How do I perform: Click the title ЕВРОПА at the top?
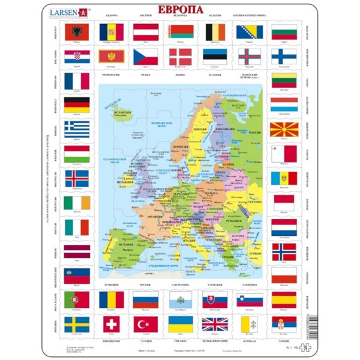tap(180, 10)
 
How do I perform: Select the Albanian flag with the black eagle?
tap(77, 32)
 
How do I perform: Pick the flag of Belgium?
tap(214, 32)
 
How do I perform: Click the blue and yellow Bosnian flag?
tap(249, 32)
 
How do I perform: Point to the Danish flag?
tap(180, 56)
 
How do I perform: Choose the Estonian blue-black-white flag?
tap(214, 56)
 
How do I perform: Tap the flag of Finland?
tap(283, 56)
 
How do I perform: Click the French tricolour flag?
tap(77, 80)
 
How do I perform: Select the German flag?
tap(77, 105)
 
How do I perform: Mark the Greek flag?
tap(77, 129)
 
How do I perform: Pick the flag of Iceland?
tap(77, 178)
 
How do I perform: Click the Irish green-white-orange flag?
tap(77, 203)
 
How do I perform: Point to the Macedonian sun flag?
tap(283, 129)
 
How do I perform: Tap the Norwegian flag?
tap(283, 251)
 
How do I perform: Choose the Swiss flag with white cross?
tap(111, 325)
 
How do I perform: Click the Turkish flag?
tap(145, 325)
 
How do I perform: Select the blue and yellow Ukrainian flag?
tap(180, 325)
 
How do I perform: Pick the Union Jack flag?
tap(214, 325)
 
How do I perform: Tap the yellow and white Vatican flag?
tap(249, 325)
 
